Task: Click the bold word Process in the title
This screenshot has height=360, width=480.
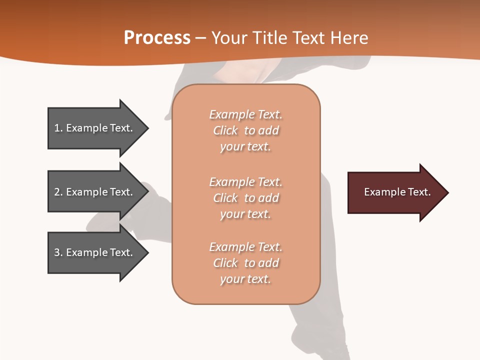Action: tap(157, 38)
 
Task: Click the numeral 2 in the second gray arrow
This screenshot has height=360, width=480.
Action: tap(57, 192)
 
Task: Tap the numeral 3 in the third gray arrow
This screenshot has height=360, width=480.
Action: tap(57, 252)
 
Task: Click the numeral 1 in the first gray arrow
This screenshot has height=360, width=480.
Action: tap(56, 128)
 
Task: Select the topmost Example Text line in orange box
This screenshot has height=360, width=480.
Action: tap(245, 114)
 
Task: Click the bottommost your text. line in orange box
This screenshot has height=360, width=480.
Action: tap(245, 279)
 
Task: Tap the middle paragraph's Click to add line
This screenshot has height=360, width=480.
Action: tap(245, 198)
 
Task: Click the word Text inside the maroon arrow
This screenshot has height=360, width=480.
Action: tap(420, 192)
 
